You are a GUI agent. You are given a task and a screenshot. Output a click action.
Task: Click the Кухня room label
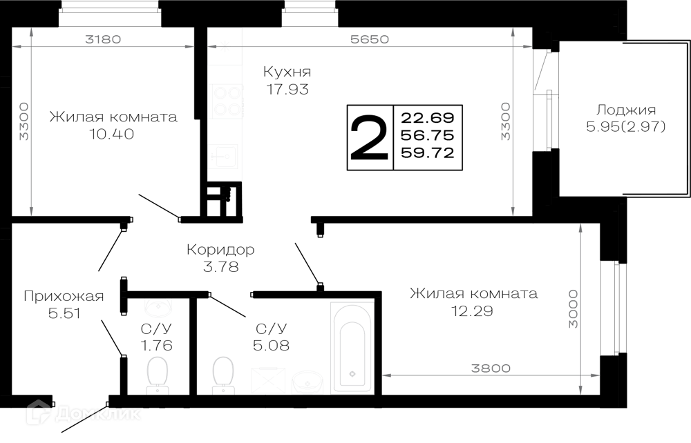(287, 71)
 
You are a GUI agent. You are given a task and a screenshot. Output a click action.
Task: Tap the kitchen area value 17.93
(287, 89)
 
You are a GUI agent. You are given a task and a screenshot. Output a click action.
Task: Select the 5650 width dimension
(370, 39)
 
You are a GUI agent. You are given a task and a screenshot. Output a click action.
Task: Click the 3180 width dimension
(103, 39)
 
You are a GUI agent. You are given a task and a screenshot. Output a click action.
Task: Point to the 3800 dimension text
(491, 368)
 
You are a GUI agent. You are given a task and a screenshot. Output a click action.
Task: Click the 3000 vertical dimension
(573, 308)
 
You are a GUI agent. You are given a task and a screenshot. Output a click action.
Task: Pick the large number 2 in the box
(369, 137)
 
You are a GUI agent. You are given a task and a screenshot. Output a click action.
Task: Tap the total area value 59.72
(427, 152)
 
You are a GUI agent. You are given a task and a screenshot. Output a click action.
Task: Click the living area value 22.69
(427, 118)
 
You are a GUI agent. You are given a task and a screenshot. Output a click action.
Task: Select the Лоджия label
(626, 110)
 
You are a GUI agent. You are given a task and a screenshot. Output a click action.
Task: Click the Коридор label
(220, 250)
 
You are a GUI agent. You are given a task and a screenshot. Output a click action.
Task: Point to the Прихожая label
(64, 297)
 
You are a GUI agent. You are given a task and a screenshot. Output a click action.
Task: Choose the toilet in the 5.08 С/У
(223, 375)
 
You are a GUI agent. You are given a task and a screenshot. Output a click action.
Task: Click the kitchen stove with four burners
(227, 101)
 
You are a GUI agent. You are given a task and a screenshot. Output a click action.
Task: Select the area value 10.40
(112, 134)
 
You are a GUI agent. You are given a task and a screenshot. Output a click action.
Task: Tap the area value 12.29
(472, 311)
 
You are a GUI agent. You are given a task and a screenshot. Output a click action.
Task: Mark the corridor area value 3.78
(221, 267)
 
